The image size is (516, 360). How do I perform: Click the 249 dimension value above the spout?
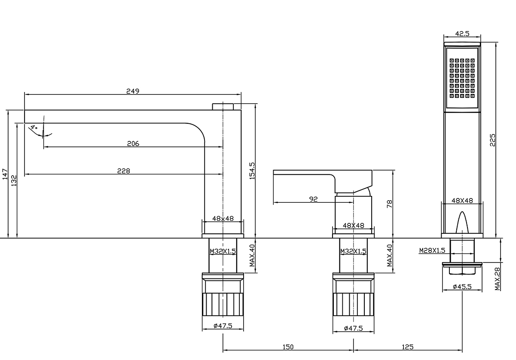pos(133,91)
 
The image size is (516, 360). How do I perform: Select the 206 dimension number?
pos(133,144)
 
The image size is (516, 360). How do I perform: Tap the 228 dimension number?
pos(124,171)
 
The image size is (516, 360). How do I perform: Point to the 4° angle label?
pos(34,127)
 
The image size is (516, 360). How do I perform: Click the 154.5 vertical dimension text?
pos(252,171)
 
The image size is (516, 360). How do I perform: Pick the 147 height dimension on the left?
pos(5,174)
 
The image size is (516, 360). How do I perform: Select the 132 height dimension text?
pos(14,181)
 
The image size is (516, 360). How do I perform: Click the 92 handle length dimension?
pos(313,199)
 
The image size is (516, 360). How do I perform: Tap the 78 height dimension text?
pos(389,204)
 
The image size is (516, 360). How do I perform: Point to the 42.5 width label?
pos(462,34)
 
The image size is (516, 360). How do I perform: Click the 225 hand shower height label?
pos(492,140)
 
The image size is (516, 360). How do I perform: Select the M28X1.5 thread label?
pos(432,250)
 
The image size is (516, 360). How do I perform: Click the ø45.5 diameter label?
pos(462,287)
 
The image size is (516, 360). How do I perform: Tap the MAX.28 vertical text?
pos(498,279)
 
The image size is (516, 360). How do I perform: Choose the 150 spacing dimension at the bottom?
pos(288,347)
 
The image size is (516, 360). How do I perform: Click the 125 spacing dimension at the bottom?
pos(408,347)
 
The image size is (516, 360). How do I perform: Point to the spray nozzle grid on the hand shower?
pos(462,78)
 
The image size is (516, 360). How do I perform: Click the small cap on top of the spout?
pos(223,107)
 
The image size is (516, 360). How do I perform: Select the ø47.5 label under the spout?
pos(223,326)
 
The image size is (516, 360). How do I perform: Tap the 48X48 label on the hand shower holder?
pos(462,201)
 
